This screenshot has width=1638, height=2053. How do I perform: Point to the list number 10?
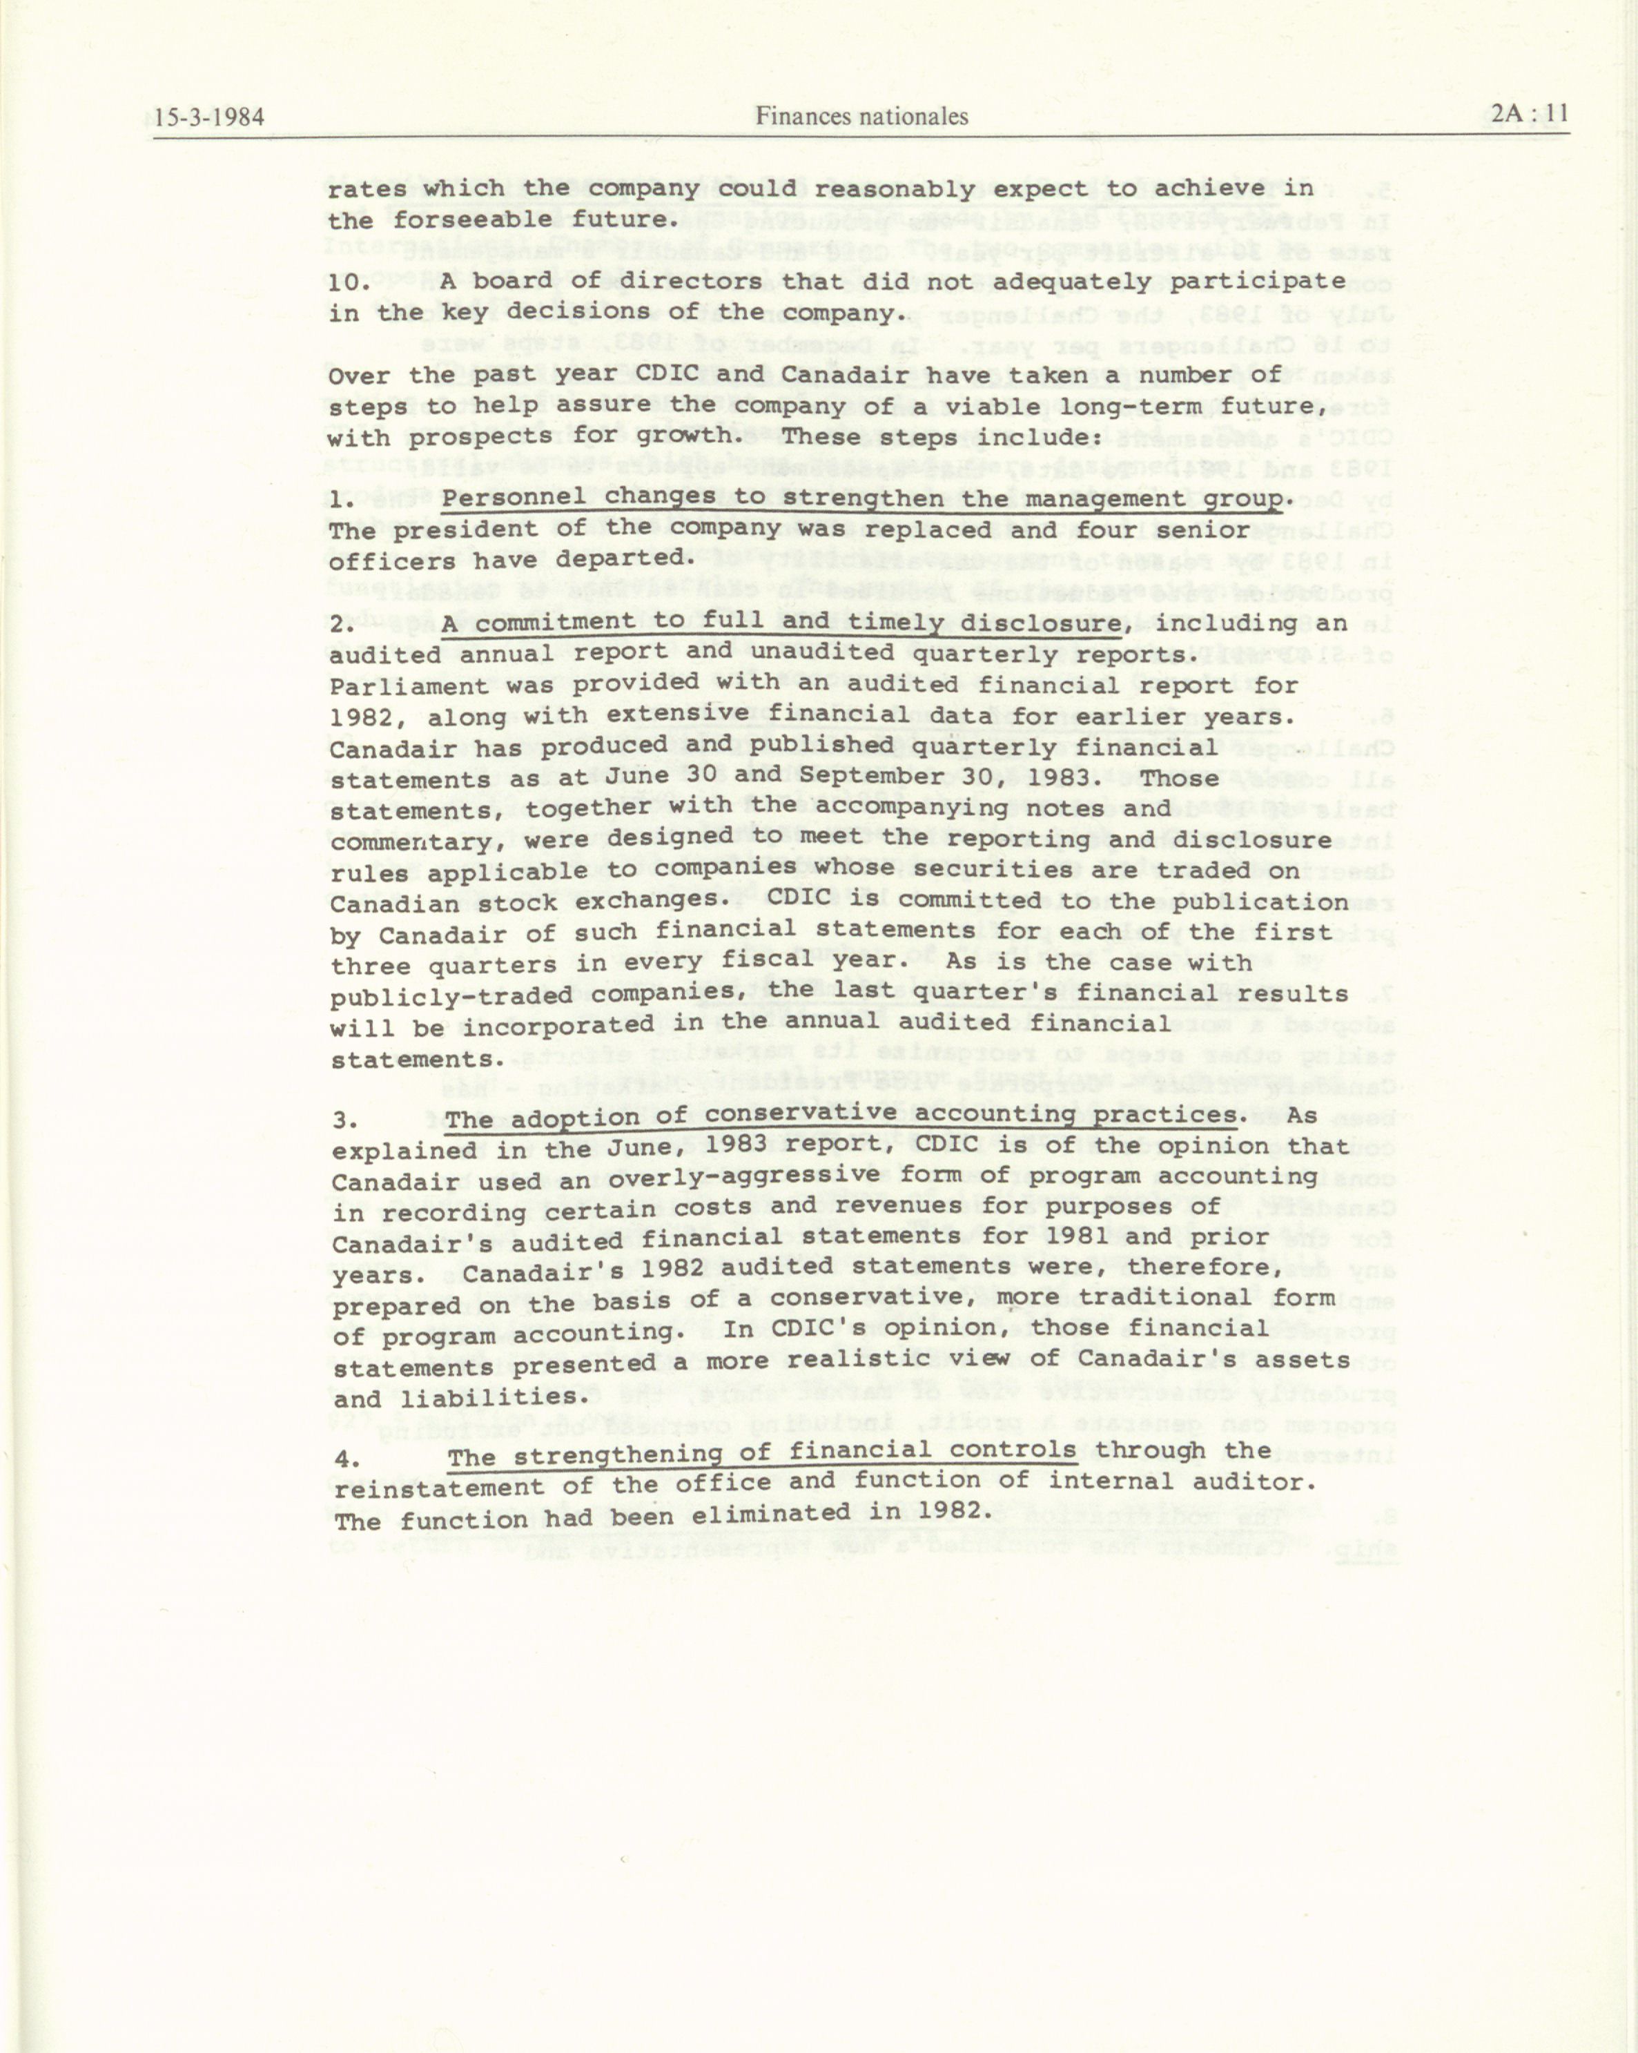[351, 283]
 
